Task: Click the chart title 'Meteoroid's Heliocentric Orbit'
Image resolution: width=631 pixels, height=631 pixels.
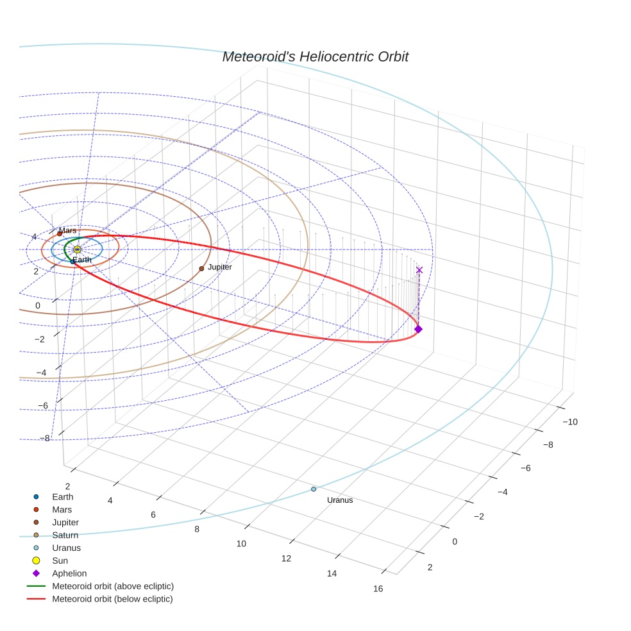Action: coord(315,57)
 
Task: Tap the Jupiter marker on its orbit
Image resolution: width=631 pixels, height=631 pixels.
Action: coord(201,269)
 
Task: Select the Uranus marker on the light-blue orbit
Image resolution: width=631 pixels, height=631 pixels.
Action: coord(314,489)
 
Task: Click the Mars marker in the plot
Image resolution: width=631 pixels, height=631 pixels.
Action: coord(60,234)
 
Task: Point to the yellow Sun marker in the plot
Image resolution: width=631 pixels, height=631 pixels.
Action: coord(77,249)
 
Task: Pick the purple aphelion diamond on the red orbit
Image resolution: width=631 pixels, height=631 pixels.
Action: coord(418,329)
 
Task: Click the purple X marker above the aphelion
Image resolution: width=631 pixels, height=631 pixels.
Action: coord(419,270)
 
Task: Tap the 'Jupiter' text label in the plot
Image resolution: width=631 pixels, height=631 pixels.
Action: coord(220,267)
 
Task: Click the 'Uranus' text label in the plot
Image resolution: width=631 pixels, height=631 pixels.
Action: coord(340,500)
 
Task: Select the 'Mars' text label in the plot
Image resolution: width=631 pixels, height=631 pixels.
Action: coord(68,230)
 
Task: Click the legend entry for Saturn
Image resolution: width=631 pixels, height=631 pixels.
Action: coord(65,535)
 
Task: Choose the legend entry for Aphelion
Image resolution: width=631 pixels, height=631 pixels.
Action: coord(69,573)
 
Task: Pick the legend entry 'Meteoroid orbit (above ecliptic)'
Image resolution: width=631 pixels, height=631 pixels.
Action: coord(112,586)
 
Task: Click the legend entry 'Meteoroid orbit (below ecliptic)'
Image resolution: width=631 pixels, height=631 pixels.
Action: coord(112,599)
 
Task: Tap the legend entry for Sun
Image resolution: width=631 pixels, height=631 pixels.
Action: coord(60,560)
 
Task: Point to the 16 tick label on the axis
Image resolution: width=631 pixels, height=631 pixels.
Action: coord(378,589)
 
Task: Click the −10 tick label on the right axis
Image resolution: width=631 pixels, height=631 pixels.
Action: coord(570,421)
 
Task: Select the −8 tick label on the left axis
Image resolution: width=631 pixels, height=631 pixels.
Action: coord(44,438)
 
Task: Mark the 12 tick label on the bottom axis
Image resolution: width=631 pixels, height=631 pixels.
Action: coord(286,559)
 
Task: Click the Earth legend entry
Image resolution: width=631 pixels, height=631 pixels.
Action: coord(62,497)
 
